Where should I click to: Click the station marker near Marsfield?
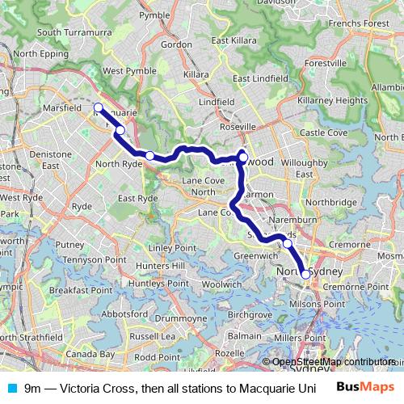tap(98, 107)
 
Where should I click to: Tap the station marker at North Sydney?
tap(305, 274)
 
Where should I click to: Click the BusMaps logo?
tap(365, 387)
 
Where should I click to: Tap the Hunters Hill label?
tap(161, 266)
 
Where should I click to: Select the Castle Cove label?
tap(323, 133)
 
